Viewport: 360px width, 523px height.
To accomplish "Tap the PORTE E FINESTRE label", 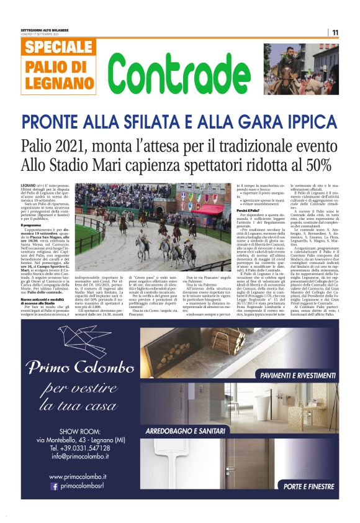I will click(308, 486).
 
